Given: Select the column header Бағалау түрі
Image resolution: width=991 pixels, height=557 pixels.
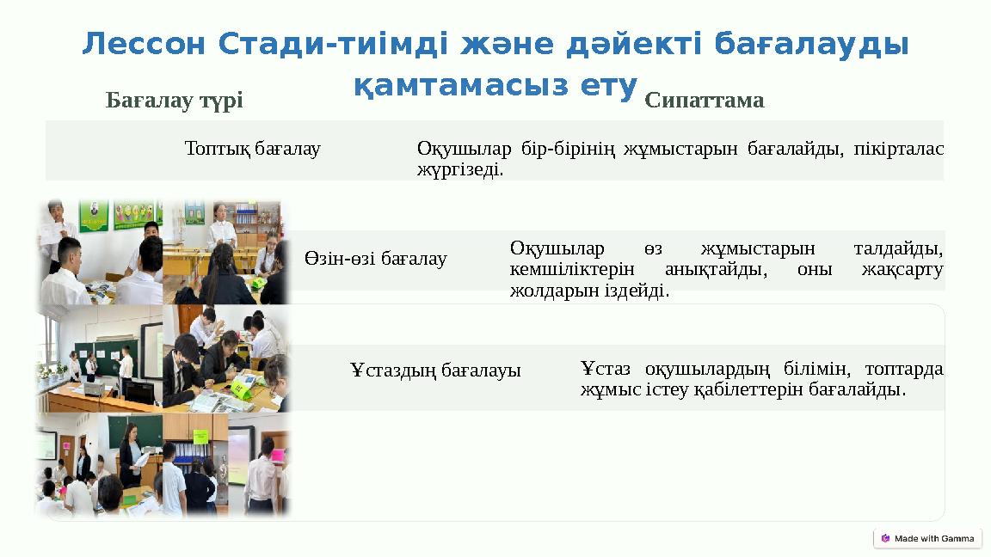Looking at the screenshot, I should (x=174, y=101).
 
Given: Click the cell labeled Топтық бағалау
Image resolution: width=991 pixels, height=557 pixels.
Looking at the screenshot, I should (x=252, y=149).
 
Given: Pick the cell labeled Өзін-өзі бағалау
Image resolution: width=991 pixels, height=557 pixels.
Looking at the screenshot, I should (x=375, y=258).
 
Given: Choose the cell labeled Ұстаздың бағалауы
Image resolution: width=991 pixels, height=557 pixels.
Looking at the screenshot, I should (x=435, y=370).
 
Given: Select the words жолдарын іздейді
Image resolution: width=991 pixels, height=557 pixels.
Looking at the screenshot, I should (x=589, y=291).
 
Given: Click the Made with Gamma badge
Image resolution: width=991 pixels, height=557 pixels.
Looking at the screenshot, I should (x=926, y=538).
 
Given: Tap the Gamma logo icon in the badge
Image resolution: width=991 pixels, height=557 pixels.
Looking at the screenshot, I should (x=886, y=538).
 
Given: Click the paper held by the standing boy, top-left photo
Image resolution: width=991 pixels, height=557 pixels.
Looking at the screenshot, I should (x=56, y=230).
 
